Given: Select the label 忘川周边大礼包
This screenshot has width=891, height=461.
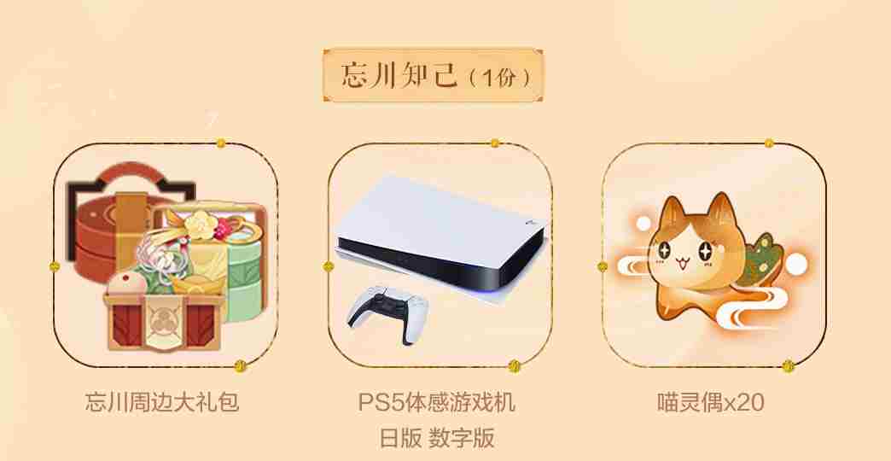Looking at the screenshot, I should pos(162,402).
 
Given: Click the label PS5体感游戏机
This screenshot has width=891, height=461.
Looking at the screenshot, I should pos(437,402).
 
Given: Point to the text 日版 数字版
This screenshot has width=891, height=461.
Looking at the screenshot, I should pos(437,438).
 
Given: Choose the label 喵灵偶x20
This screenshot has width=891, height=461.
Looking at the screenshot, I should pos(711,402).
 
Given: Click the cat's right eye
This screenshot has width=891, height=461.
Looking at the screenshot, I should pos(706,251).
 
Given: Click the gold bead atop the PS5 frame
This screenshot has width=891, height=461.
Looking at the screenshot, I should pos(495,143).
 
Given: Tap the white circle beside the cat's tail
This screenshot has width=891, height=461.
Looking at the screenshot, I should pos(796,264).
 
